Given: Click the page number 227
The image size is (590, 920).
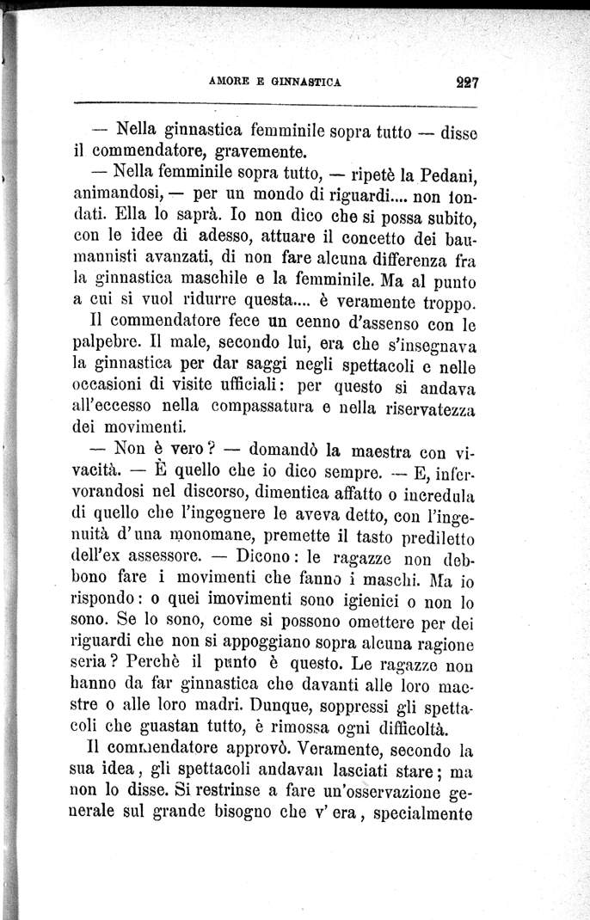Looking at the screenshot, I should pos(467,83).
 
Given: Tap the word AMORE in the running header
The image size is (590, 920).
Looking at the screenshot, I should pos(229,83).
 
